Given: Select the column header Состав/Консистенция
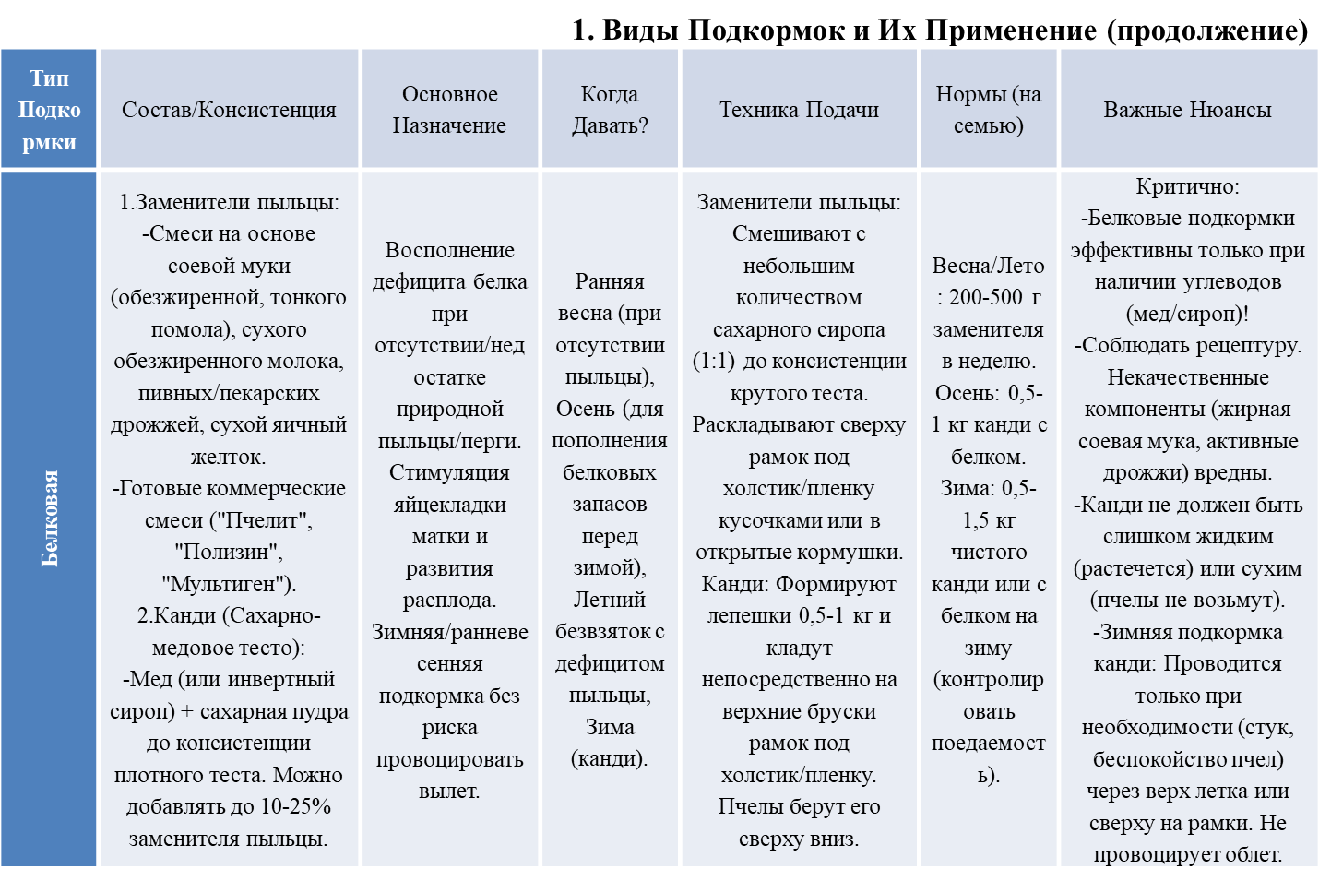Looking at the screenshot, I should point(229,110).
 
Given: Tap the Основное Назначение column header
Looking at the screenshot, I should point(449,110).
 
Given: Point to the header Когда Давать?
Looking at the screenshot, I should point(610,110).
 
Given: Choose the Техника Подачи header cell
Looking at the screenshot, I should point(799,110).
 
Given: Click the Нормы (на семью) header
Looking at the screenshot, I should point(988,110).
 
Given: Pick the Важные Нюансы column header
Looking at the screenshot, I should point(1187,110).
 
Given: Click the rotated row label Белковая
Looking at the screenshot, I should point(50,518).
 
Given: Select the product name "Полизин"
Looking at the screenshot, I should point(228,552).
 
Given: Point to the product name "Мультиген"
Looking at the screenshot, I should point(228,584).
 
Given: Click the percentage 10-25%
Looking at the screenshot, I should point(295,806).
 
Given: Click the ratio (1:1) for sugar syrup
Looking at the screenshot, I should point(714,361).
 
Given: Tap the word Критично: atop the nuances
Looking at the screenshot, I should point(1187,186).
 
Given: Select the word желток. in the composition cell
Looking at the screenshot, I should point(228,457).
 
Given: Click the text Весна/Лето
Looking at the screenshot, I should point(988,266).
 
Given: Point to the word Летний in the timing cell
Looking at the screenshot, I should point(610,600).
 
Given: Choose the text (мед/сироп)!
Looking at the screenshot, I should point(1187,314).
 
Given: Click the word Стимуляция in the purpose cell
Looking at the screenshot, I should point(449,472).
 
